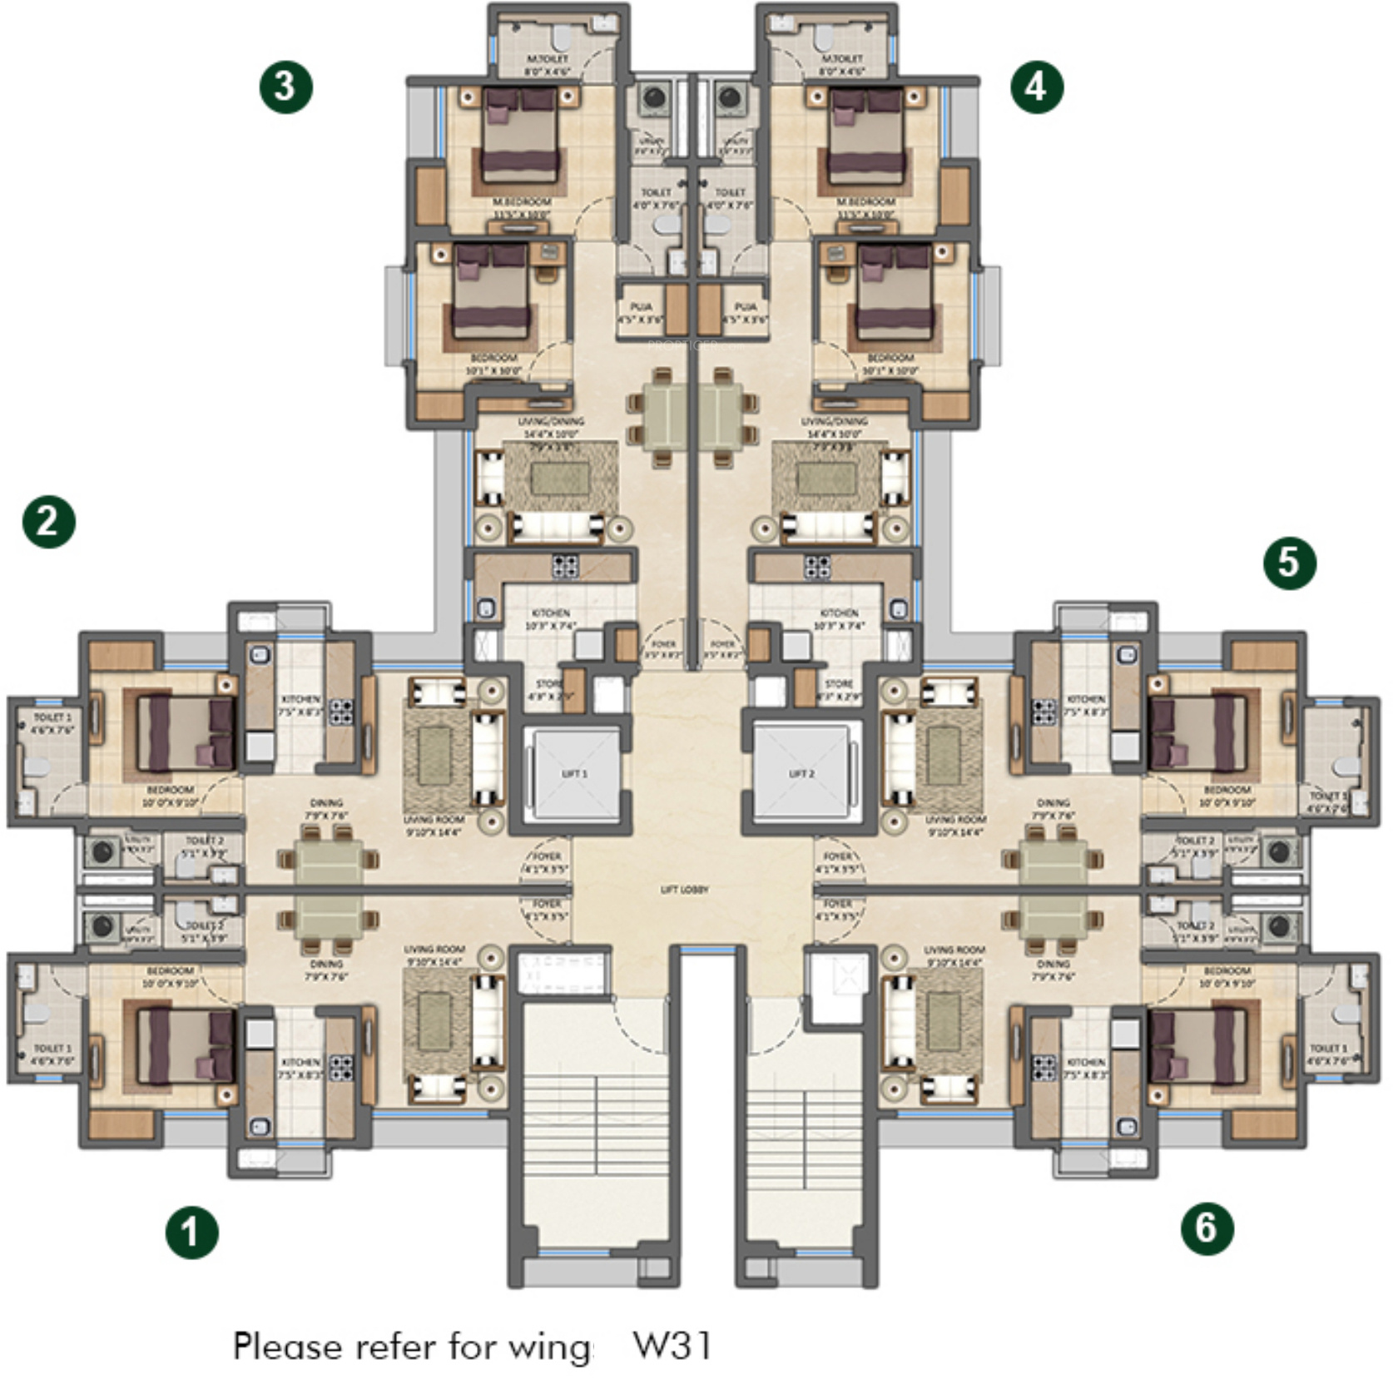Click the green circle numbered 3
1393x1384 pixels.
[x=285, y=87]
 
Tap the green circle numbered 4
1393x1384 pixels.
[x=1036, y=87]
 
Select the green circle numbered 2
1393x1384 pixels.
[x=48, y=522]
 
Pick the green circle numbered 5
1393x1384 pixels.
[x=1289, y=563]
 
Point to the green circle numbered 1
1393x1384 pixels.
[x=191, y=1232]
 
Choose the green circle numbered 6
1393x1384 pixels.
[x=1207, y=1228]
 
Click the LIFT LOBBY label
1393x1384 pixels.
[x=685, y=890]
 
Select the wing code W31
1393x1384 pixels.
[x=672, y=1345]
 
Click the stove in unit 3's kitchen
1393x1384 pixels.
[x=565, y=566]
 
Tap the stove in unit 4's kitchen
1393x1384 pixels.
[x=817, y=566]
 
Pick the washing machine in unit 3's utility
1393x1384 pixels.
[x=654, y=98]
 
